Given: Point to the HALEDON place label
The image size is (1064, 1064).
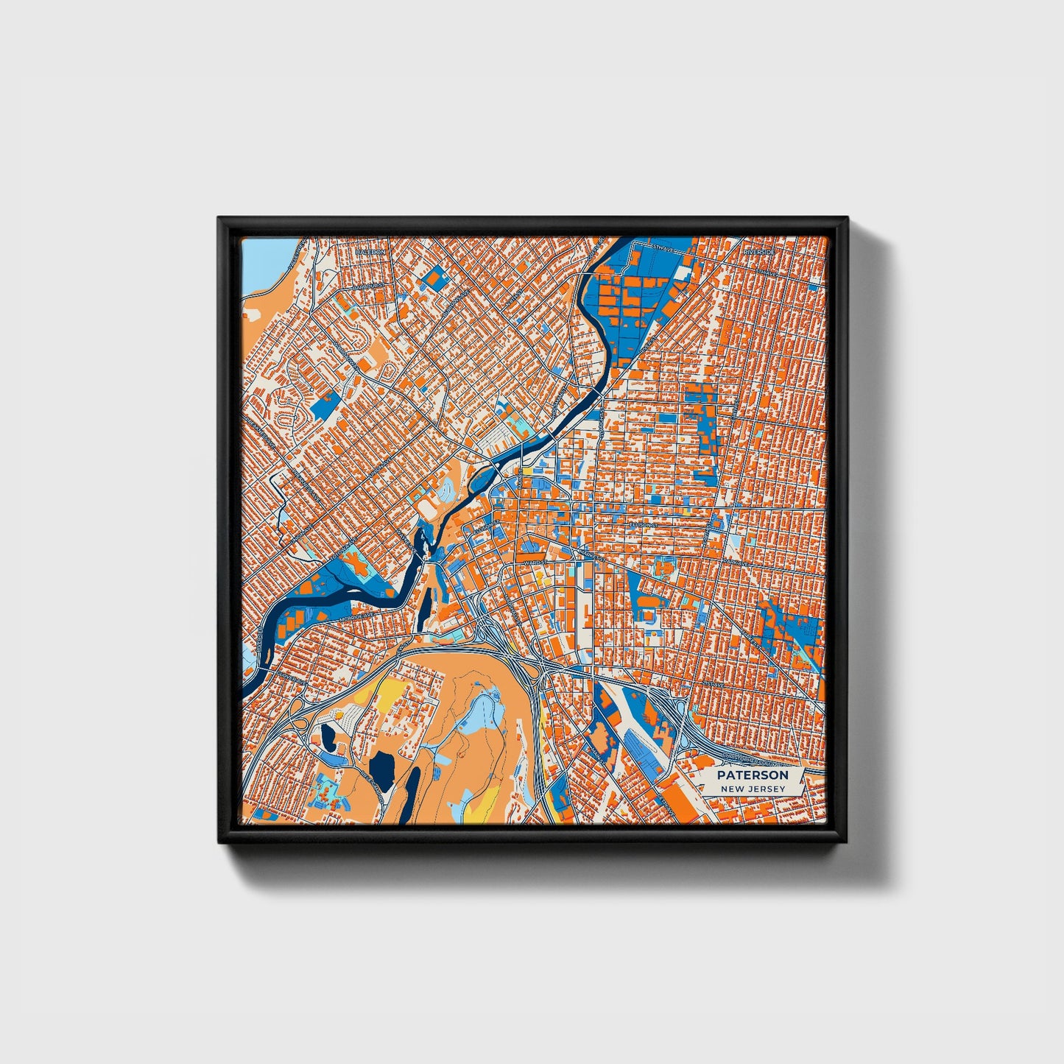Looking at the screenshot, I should pyautogui.click(x=370, y=252).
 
